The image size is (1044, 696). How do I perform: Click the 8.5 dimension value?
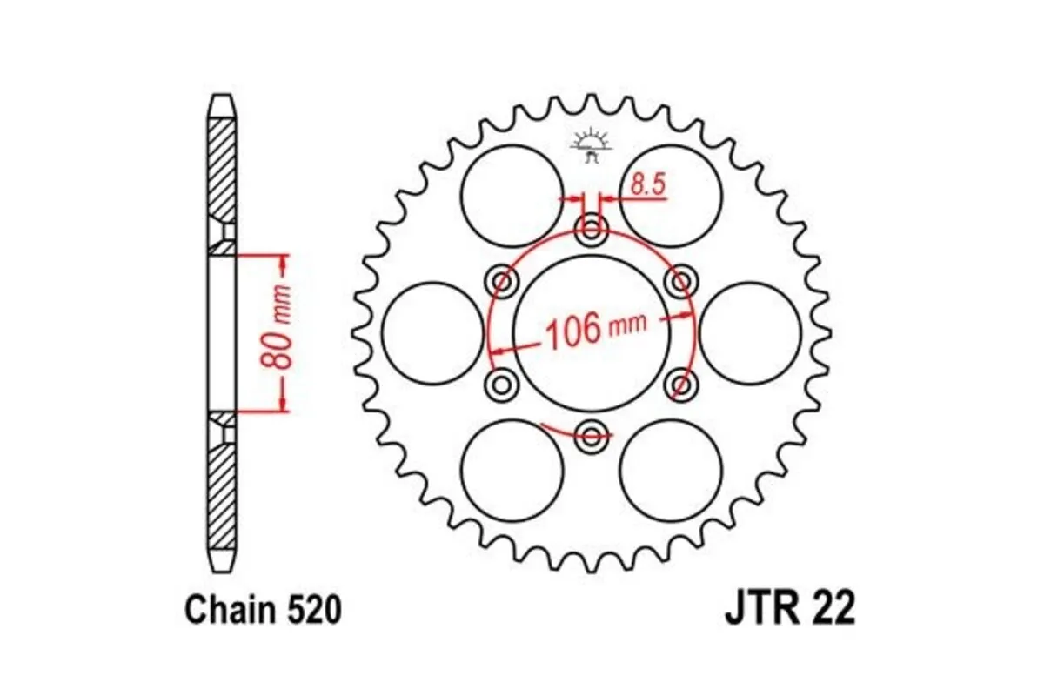(648, 184)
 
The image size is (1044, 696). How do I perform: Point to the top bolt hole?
(592, 231)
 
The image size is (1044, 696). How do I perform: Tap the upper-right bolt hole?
(681, 281)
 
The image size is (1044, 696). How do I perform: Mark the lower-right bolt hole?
(681, 384)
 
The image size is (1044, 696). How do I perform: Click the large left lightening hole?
(432, 332)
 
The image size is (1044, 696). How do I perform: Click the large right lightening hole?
(750, 332)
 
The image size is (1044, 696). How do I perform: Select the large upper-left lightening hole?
(512, 196)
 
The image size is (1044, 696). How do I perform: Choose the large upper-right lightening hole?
(671, 196)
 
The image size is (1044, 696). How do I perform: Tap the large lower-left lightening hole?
(512, 470)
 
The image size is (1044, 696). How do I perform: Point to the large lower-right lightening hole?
(671, 470)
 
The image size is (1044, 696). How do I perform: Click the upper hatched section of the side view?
(222, 174)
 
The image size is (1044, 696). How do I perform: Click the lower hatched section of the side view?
(222, 487)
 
